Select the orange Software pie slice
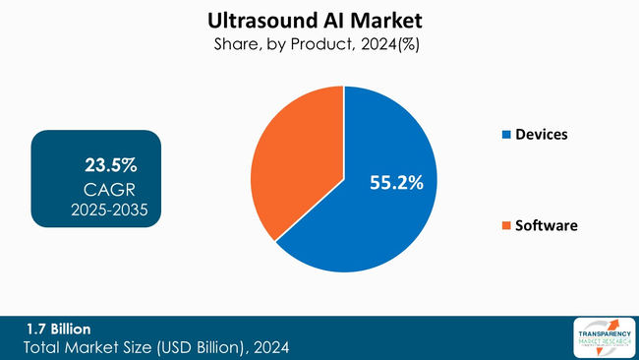(x=295, y=157)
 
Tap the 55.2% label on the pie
(x=396, y=182)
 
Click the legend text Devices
(x=542, y=134)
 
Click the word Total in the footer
(x=45, y=348)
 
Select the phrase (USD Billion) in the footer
(x=197, y=348)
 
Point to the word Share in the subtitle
(x=236, y=44)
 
